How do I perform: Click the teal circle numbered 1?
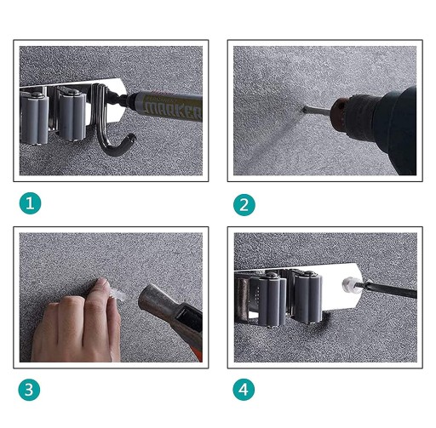[30, 203]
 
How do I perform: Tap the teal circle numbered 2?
[244, 205]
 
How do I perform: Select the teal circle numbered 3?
[29, 390]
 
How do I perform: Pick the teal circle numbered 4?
[244, 390]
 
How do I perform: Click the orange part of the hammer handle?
[198, 355]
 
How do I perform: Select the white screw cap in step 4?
[348, 285]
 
